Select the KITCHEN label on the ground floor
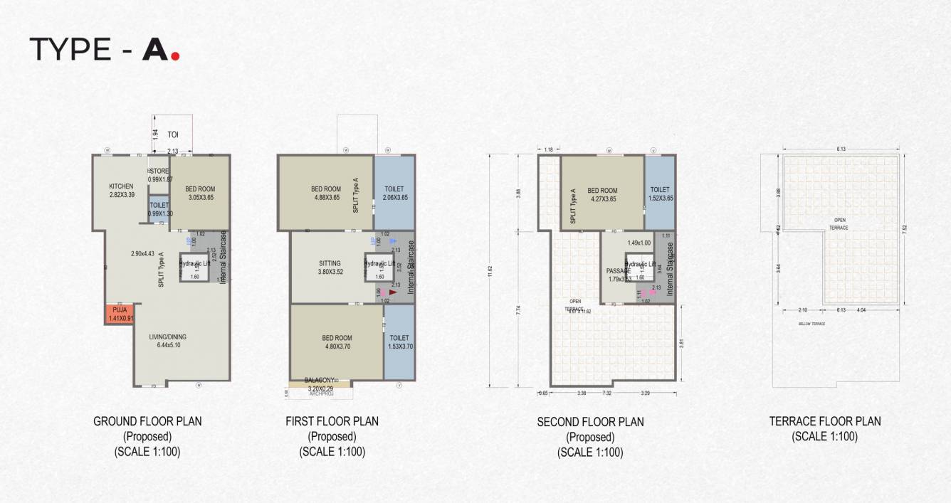[x=121, y=186]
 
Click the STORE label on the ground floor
[x=160, y=171]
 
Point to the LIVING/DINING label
[x=169, y=337]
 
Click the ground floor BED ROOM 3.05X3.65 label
[x=199, y=189]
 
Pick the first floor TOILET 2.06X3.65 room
[x=394, y=193]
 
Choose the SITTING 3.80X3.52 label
[x=330, y=263]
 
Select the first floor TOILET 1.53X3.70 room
[x=399, y=341]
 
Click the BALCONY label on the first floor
[x=320, y=380]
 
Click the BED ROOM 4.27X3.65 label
[x=602, y=191]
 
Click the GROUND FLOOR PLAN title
[x=147, y=421]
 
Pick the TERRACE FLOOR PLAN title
[x=825, y=421]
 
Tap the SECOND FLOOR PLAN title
[x=590, y=422]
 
